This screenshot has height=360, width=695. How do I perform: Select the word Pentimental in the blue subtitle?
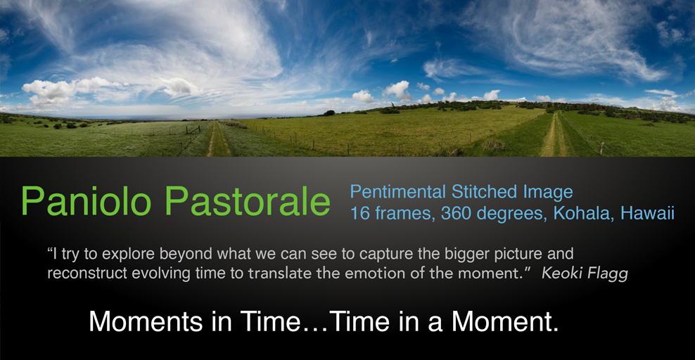[398, 192]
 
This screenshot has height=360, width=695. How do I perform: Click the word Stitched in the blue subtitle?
[485, 192]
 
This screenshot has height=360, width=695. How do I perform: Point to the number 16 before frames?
[360, 214]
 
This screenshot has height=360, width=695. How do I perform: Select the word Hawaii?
[647, 213]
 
